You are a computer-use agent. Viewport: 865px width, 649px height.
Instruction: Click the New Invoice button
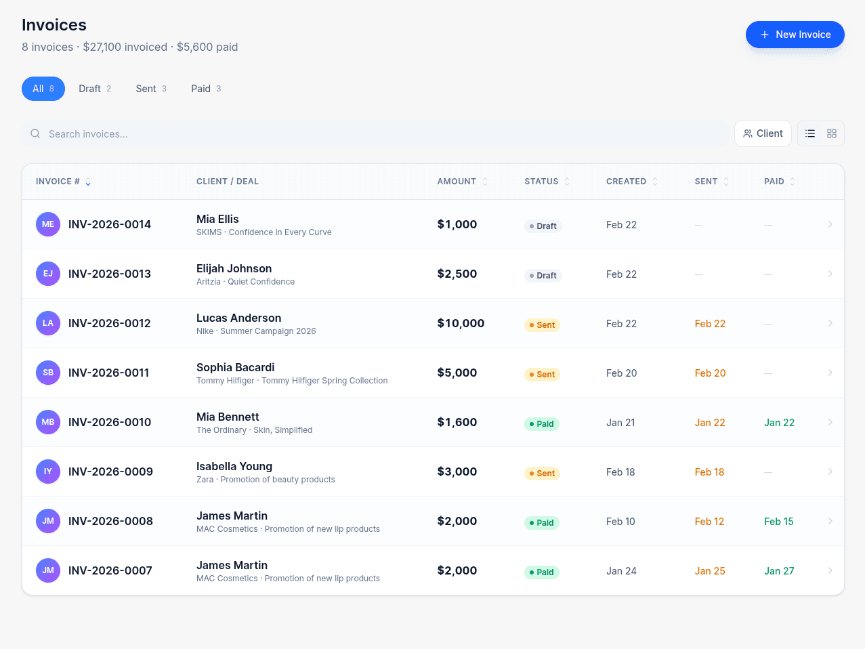click(x=795, y=35)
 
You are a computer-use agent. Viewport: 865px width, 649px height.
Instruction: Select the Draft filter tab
click(x=94, y=89)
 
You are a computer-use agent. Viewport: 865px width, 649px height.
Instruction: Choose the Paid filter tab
click(x=206, y=89)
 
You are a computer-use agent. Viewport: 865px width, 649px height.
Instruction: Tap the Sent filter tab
click(x=150, y=89)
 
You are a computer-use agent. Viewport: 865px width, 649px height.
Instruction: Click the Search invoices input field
click(x=376, y=134)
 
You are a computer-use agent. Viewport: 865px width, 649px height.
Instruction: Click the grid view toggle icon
click(x=832, y=133)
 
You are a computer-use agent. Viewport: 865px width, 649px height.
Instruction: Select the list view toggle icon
click(x=810, y=133)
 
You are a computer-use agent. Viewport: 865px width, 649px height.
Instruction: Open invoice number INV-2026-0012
click(x=110, y=323)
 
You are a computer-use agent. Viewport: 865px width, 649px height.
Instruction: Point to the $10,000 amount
click(x=461, y=323)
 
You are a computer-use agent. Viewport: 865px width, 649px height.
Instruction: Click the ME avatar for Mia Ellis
click(x=48, y=224)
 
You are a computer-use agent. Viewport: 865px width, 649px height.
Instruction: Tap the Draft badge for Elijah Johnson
click(x=543, y=276)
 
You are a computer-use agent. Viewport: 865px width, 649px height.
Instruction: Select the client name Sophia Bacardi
click(x=235, y=367)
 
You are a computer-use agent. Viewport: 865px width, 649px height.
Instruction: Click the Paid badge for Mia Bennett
click(x=541, y=424)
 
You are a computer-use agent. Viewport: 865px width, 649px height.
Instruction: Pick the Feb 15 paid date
click(x=778, y=522)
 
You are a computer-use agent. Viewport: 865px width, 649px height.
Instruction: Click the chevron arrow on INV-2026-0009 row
click(x=830, y=472)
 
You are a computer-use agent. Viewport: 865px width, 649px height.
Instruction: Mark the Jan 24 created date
click(x=621, y=571)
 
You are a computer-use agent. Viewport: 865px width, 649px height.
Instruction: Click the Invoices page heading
click(x=54, y=25)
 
